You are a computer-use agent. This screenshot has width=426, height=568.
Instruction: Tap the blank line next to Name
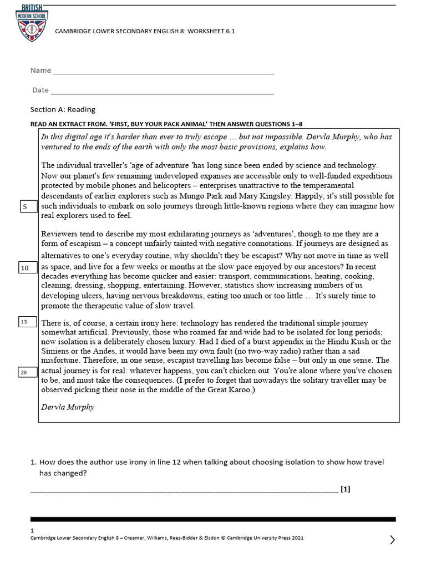pos(163,73)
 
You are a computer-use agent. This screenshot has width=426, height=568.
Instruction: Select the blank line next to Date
pos(162,92)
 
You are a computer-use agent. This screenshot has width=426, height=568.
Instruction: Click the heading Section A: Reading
pos(63,109)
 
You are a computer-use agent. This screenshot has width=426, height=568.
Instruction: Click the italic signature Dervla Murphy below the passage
pos(68,407)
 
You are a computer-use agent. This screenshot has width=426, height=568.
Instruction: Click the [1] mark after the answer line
pos(346,489)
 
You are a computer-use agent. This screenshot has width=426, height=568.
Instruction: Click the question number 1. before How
pos(33,462)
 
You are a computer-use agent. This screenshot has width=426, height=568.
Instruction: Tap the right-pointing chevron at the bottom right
pos(392,540)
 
